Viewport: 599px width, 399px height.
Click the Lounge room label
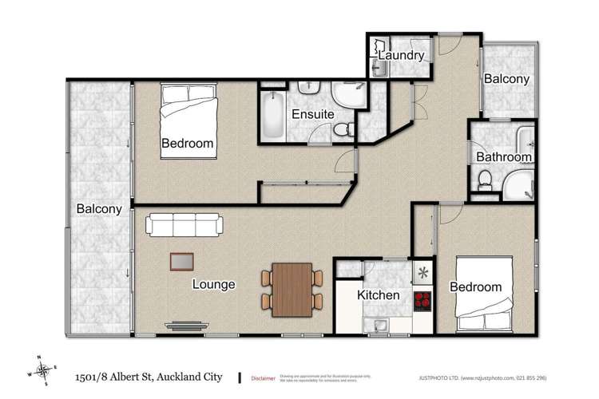(213, 283)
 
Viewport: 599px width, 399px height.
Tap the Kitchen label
(378, 295)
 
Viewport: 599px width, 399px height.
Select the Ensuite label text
(312, 114)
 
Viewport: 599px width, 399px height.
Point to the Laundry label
(401, 55)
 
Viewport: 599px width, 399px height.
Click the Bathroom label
(504, 157)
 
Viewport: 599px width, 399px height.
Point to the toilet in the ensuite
(343, 129)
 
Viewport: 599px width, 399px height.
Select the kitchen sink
(375, 325)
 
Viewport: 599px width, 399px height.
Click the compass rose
(43, 369)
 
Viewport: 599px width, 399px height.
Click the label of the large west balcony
(99, 209)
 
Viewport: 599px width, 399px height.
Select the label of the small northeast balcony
(507, 79)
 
